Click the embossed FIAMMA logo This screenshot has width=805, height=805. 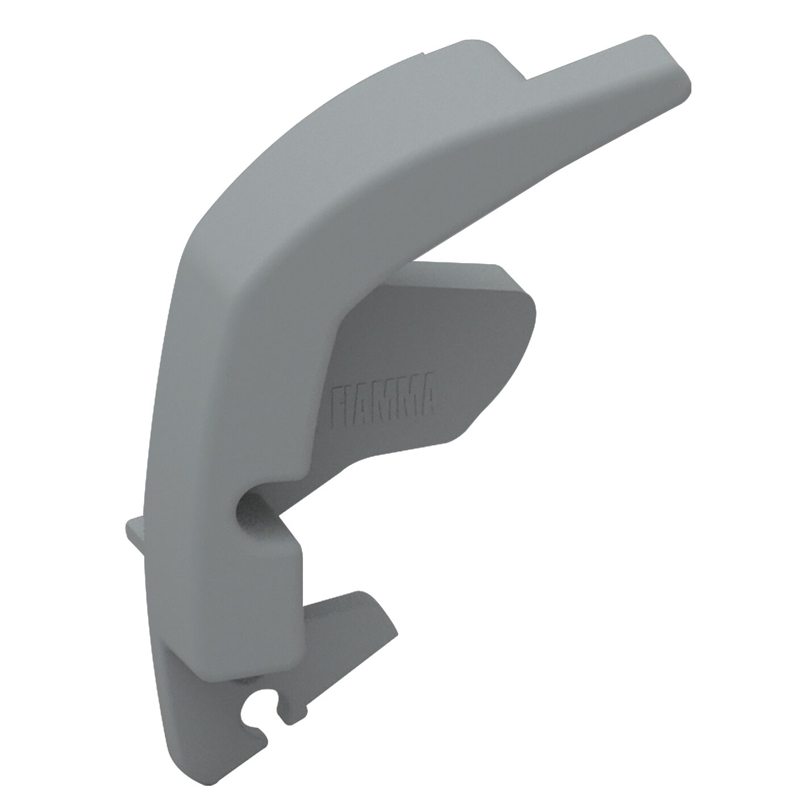click(x=382, y=398)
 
